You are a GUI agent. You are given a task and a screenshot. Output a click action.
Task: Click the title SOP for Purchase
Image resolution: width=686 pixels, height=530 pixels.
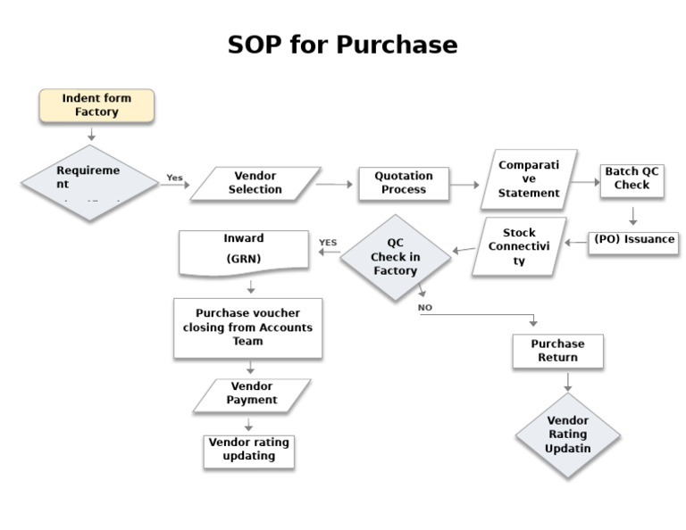point(342,45)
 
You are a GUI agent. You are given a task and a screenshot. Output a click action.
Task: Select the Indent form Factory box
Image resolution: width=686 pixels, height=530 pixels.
point(96,105)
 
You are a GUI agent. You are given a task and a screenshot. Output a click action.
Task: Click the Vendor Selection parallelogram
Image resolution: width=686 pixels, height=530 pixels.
point(255,183)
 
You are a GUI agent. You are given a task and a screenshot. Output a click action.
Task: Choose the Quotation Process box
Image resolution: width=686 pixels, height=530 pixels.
point(403,183)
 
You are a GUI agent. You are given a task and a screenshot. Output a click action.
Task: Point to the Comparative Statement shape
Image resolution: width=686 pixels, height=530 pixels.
point(530,179)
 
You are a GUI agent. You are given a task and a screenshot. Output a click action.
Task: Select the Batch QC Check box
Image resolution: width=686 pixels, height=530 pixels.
point(632,178)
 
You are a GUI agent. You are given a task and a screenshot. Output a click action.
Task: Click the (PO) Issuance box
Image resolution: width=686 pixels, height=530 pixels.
point(632,240)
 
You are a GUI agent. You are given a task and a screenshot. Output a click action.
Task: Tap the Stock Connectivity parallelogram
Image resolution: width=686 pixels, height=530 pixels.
point(519,247)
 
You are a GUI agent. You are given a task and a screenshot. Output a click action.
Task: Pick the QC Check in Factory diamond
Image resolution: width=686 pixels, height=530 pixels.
point(395,257)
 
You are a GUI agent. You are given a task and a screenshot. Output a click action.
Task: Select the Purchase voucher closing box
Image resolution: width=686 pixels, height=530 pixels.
point(247,327)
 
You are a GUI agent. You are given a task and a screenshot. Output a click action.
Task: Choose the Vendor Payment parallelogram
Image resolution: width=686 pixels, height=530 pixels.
point(252,394)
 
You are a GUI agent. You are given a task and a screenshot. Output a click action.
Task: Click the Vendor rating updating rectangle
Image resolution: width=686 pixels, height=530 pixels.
point(248,450)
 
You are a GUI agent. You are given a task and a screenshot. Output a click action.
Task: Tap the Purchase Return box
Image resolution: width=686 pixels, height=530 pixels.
point(557,351)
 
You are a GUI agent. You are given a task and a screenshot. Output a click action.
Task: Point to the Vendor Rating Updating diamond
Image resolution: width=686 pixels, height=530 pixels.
point(567,435)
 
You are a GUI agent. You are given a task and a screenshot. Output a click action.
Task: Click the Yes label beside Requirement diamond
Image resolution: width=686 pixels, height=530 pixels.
point(174,178)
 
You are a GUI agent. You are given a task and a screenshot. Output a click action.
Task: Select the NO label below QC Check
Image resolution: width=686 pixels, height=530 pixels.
point(425,308)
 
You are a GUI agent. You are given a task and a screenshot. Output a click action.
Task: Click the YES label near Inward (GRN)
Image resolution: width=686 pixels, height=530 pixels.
point(328,242)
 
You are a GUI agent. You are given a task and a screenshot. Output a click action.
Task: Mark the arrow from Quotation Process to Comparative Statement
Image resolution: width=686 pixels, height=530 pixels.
point(464,185)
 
